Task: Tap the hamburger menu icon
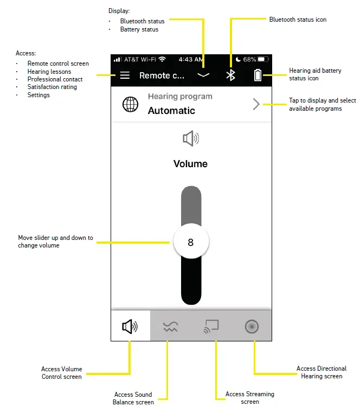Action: point(125,75)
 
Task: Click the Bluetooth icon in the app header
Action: point(230,75)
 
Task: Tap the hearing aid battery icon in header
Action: point(258,75)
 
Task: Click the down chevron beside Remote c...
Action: point(203,76)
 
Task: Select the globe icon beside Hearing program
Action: point(130,104)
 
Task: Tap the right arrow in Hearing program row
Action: point(256,104)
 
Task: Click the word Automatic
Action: point(171,111)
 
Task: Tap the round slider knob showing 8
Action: point(190,242)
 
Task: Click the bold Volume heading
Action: point(190,164)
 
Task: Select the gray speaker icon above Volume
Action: point(191,139)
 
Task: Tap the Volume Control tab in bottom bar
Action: point(130,326)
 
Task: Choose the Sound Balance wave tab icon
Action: point(170,326)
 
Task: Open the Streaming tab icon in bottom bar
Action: point(211,326)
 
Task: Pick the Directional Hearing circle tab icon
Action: point(252,326)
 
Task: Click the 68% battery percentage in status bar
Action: point(249,59)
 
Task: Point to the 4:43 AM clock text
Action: point(191,59)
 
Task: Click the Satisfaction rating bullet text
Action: point(52,87)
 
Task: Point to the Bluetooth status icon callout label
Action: point(298,20)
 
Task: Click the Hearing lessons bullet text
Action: point(49,72)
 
